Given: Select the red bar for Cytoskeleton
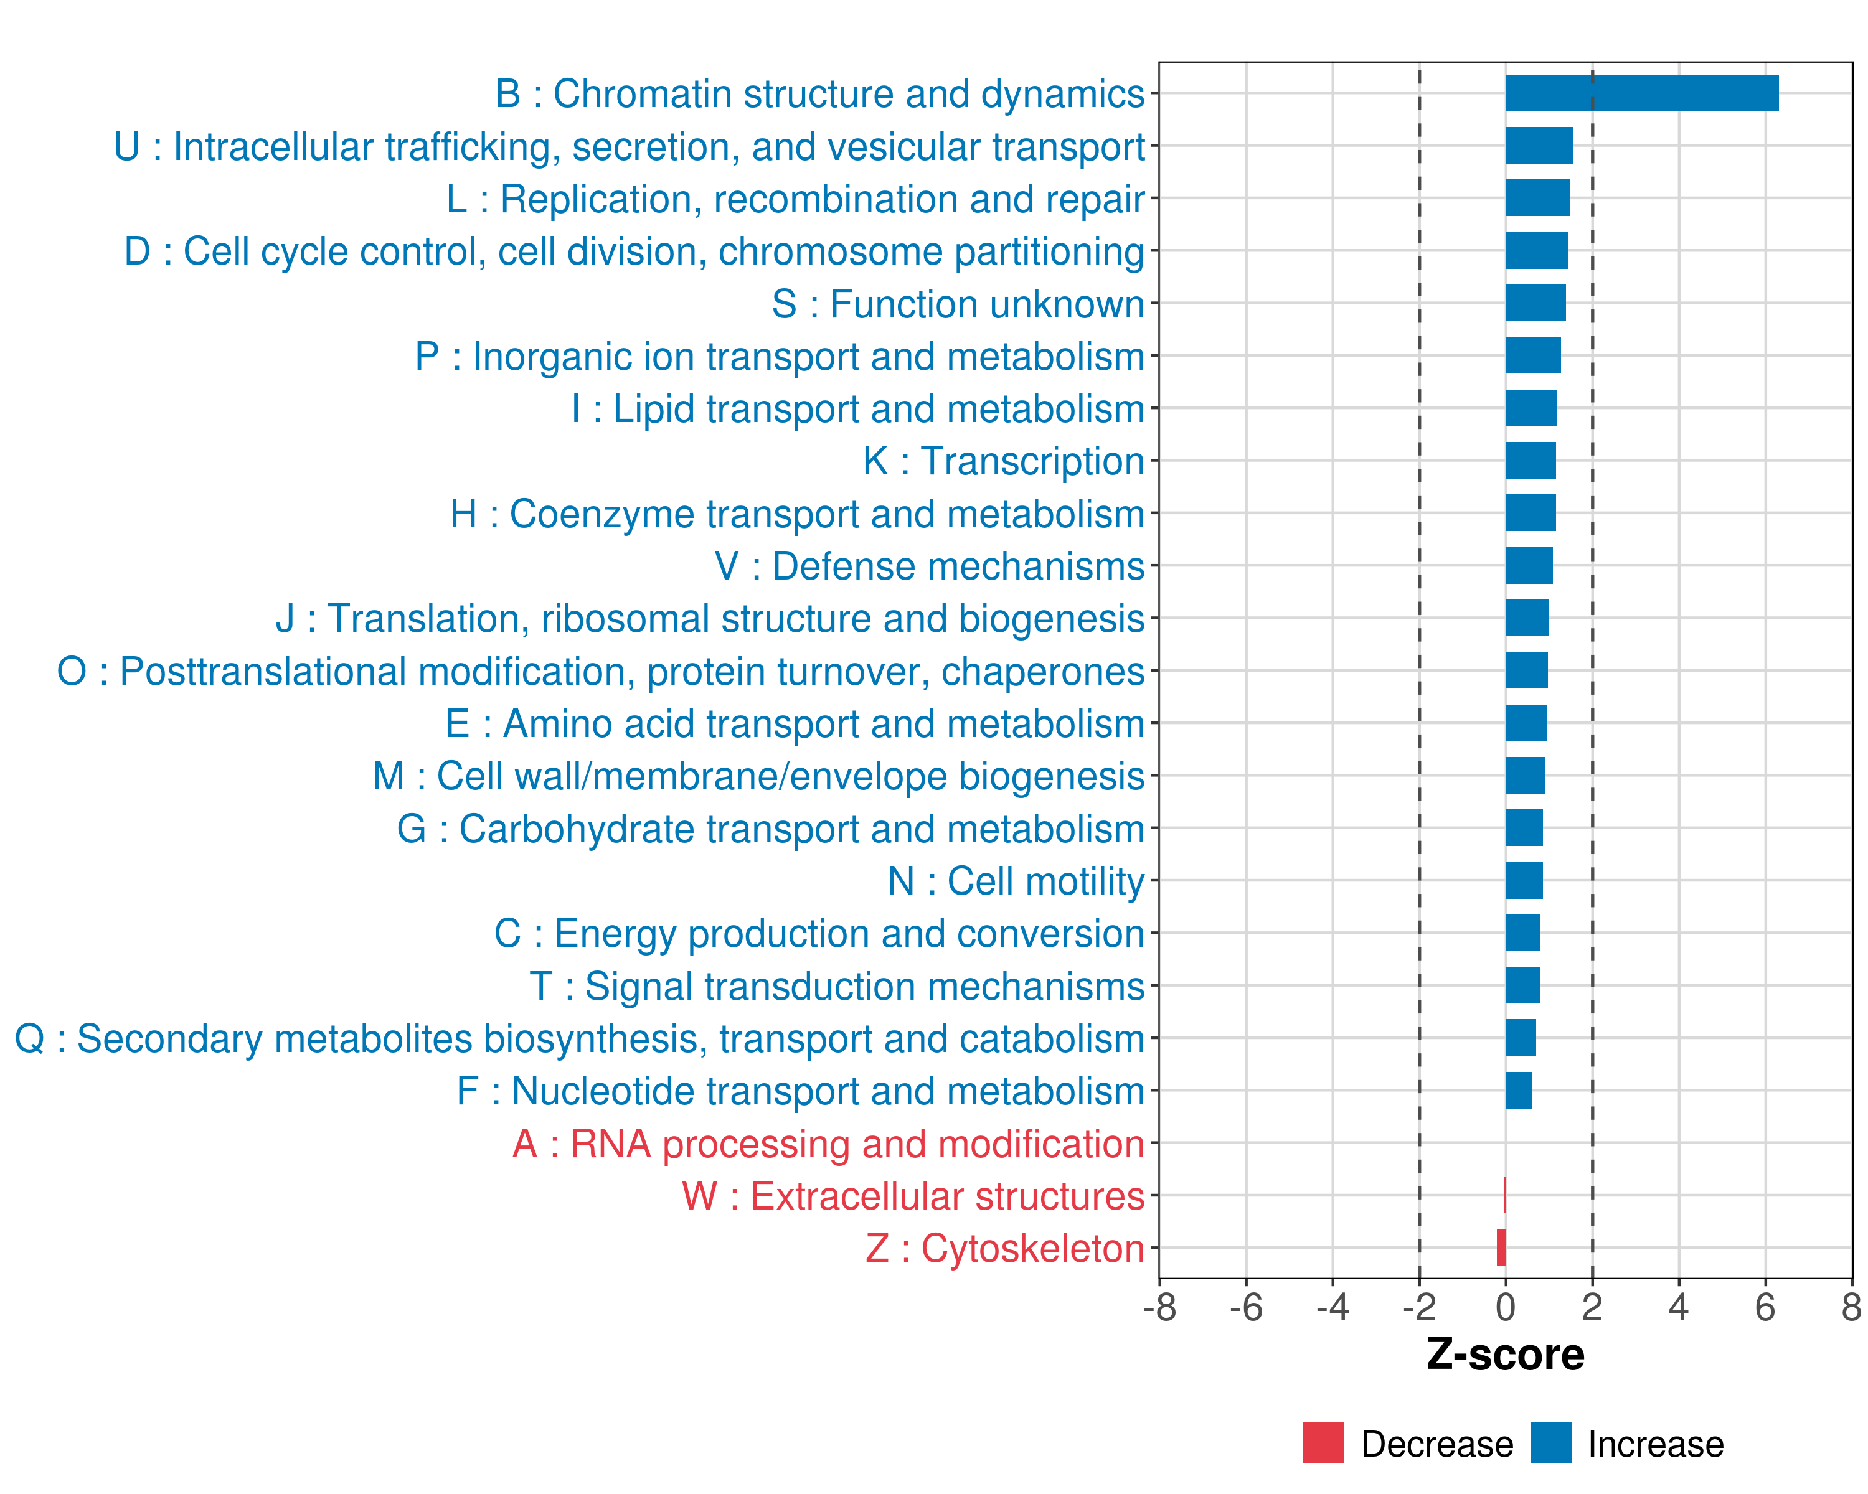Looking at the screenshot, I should pyautogui.click(x=1501, y=1248).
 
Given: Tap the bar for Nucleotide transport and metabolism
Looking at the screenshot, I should pyautogui.click(x=1519, y=1091).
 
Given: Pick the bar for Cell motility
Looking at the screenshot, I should pyautogui.click(x=1524, y=881).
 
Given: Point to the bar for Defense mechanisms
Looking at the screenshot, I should pyautogui.click(x=1529, y=566).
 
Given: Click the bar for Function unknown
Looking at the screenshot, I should pyautogui.click(x=1535, y=303).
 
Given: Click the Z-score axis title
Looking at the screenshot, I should pyautogui.click(x=1505, y=1355).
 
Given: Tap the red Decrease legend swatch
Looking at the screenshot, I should pyautogui.click(x=1323, y=1443).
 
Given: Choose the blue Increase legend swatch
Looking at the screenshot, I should pyautogui.click(x=1550, y=1443).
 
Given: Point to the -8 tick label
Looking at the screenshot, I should pyautogui.click(x=1159, y=1308).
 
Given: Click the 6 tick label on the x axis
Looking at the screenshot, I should pyautogui.click(x=1765, y=1308).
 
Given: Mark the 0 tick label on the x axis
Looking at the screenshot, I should pyautogui.click(x=1506, y=1308).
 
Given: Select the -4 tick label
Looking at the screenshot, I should pyautogui.click(x=1333, y=1308).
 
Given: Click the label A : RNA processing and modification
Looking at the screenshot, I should pyautogui.click(x=828, y=1144).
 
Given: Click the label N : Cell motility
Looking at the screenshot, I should pyautogui.click(x=1016, y=881).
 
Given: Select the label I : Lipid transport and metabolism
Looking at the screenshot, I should pyautogui.click(x=858, y=410).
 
